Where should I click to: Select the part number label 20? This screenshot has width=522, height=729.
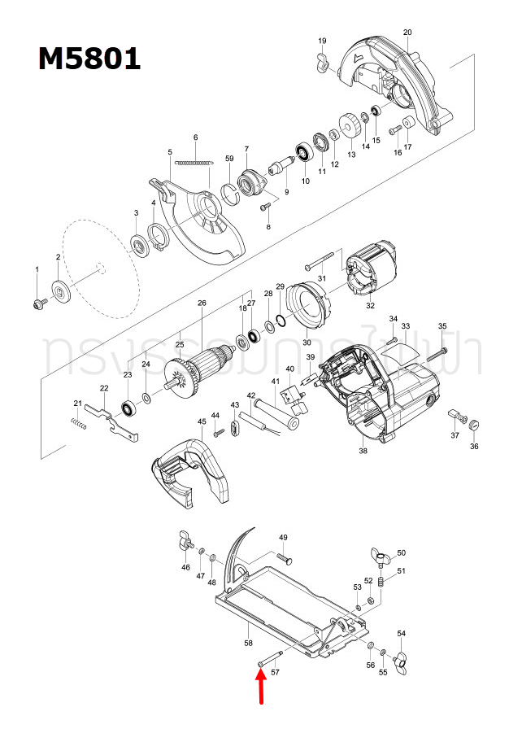[x=407, y=32]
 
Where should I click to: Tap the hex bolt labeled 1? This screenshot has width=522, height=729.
[x=37, y=303]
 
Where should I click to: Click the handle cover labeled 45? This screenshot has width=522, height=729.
[x=189, y=475]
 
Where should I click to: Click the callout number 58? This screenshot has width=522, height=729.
[x=248, y=643]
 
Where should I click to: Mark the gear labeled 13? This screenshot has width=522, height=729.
[x=351, y=126]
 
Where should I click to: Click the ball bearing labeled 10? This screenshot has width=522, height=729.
[x=306, y=151]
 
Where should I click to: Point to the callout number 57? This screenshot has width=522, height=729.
[x=275, y=673]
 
